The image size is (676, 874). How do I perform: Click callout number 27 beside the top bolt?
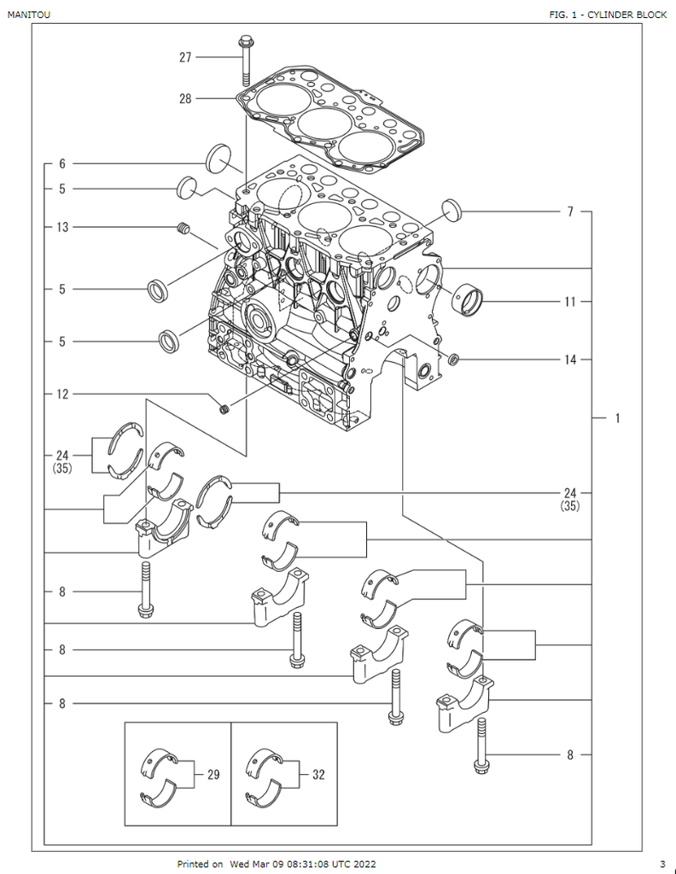(x=185, y=57)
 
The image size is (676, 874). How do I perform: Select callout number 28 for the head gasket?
(x=185, y=98)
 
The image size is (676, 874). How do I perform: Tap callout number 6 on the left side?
(x=62, y=163)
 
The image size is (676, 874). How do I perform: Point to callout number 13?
(x=62, y=227)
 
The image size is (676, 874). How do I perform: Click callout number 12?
(x=62, y=394)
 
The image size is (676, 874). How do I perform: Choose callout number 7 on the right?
(x=569, y=211)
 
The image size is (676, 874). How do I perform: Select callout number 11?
(x=570, y=301)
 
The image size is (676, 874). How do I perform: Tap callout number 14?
(x=570, y=359)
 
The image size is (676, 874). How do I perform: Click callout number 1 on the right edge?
(x=616, y=418)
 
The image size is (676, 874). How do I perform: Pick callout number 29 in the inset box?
(x=213, y=775)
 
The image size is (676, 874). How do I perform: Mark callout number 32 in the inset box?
(x=318, y=775)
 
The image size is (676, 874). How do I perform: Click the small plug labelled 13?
(x=182, y=227)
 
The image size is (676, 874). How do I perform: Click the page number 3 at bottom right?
(x=662, y=864)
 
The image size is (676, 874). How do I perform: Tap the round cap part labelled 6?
(x=220, y=157)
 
